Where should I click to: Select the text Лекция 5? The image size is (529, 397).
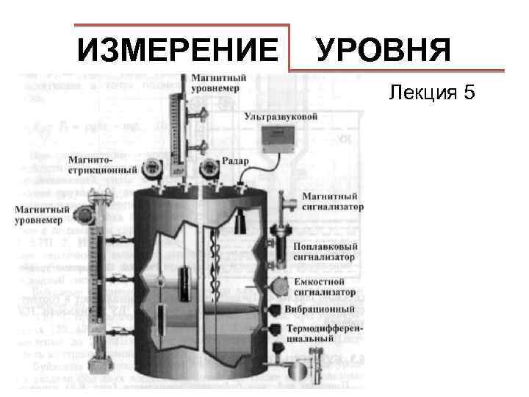click(x=433, y=93)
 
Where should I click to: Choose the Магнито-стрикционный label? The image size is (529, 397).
click(x=102, y=165)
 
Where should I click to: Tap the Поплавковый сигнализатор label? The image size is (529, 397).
click(x=325, y=252)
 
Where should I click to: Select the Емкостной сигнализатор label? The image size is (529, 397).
click(x=325, y=287)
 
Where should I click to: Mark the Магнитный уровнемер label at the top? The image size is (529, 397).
click(x=219, y=82)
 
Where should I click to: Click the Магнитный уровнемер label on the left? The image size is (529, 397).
click(x=43, y=215)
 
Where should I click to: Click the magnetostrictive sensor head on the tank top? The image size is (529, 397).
click(x=153, y=168)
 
